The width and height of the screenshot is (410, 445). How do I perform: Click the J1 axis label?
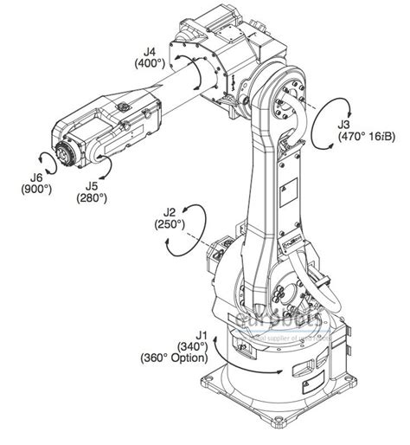point(202,334)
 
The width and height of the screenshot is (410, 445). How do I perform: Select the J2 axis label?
point(170,211)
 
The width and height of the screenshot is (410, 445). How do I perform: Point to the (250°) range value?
point(170,223)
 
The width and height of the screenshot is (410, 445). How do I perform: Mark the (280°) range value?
point(90,198)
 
